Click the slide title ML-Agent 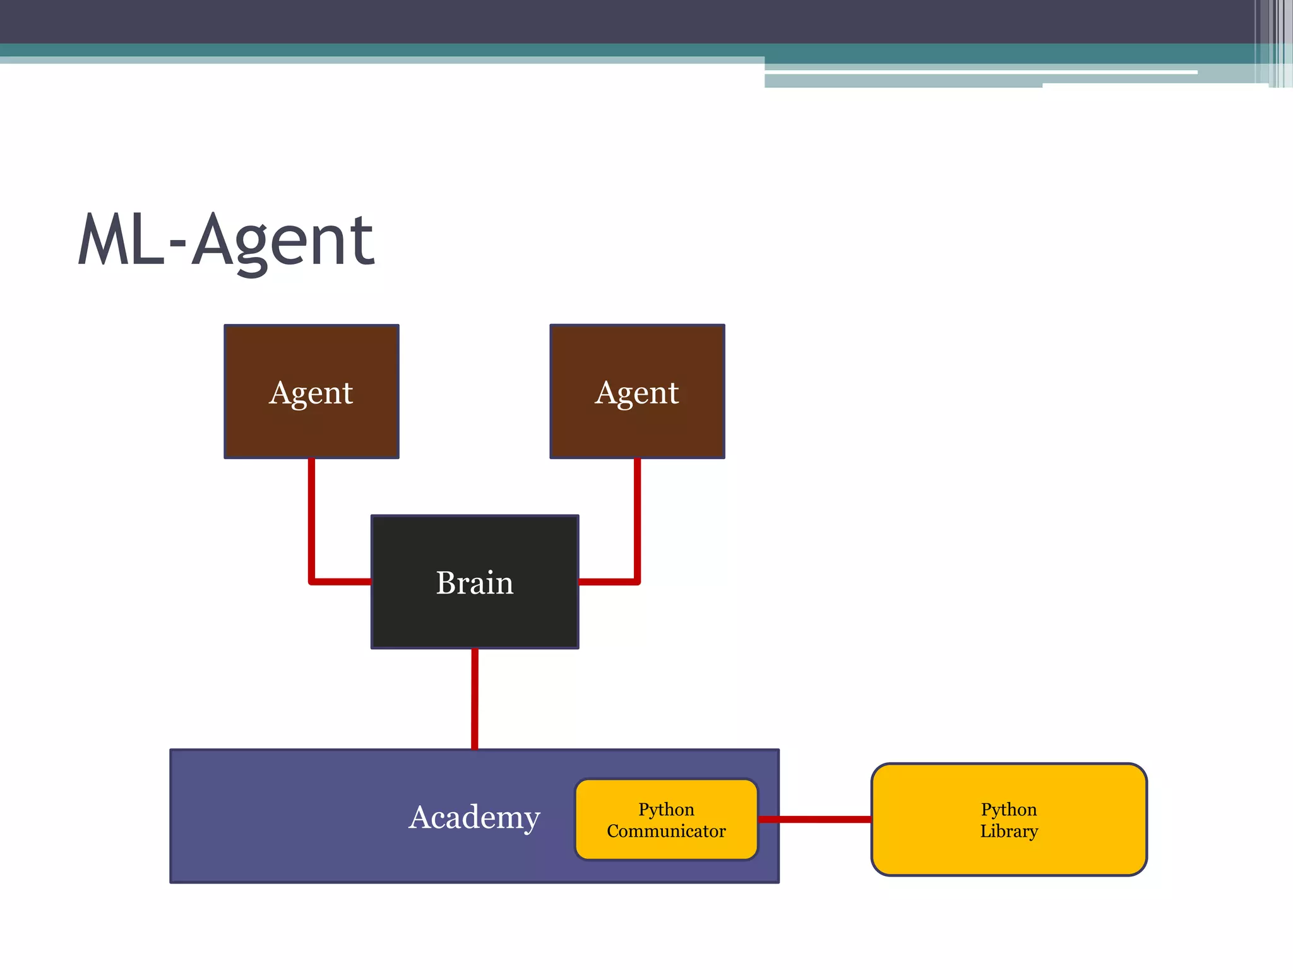point(226,241)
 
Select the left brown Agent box point(311,423)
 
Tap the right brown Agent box point(637,423)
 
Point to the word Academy point(474,817)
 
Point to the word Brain point(475,582)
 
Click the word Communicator point(666,831)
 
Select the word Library point(1009,831)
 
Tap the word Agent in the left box point(311,393)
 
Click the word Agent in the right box point(637,393)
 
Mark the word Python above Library point(1009,810)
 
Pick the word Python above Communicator point(666,810)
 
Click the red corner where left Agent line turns point(312,581)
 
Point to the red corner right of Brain point(637,581)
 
